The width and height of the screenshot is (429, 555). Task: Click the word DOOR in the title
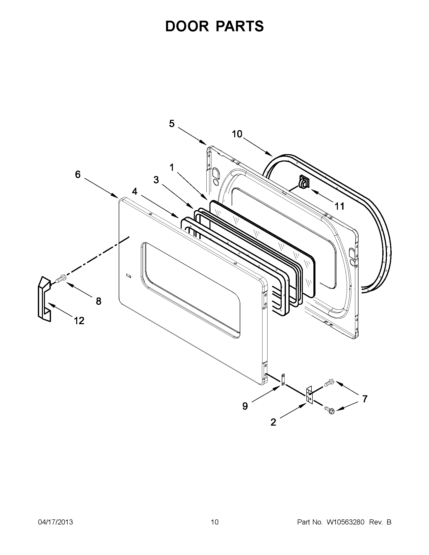pyautogui.click(x=186, y=26)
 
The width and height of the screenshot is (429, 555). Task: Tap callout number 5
pyautogui.click(x=172, y=124)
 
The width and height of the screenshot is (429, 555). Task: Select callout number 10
pyautogui.click(x=237, y=134)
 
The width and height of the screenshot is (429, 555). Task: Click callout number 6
pyautogui.click(x=78, y=175)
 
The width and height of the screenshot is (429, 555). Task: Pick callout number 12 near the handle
pyautogui.click(x=79, y=321)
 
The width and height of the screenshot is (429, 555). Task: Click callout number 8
pyautogui.click(x=98, y=301)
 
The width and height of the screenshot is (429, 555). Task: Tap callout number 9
pyautogui.click(x=245, y=406)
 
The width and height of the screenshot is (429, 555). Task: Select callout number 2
pyautogui.click(x=273, y=422)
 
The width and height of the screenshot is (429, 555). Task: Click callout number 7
pyautogui.click(x=365, y=399)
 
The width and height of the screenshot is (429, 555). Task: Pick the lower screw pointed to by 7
pyautogui.click(x=330, y=409)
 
